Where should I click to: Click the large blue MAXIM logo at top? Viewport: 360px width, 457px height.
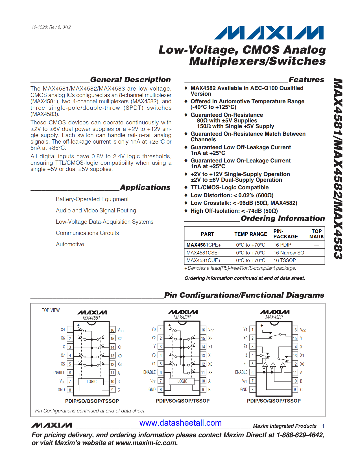tap(269, 33)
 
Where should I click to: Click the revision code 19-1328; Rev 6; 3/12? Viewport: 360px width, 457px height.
tap(51, 27)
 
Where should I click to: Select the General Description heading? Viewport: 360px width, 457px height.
tap(130, 80)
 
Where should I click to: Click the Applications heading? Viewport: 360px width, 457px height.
tap(145, 187)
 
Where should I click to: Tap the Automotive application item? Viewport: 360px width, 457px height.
tap(70, 244)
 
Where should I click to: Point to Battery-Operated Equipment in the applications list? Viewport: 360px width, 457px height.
tap(92, 199)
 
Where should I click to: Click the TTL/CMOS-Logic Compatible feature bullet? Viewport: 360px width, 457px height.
tap(229, 187)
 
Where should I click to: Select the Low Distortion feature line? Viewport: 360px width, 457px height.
tap(232, 195)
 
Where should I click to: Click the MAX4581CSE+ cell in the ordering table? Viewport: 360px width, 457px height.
tap(203, 253)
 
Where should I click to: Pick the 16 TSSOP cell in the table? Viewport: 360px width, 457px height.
tap(285, 260)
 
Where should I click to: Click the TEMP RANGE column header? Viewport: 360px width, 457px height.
tap(250, 234)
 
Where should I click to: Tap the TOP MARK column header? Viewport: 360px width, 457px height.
tap(317, 234)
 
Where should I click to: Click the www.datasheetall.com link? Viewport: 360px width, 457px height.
tap(180, 423)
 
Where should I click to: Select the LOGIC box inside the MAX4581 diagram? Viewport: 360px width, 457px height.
tap(91, 381)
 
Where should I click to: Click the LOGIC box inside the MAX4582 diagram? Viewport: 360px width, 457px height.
tap(182, 381)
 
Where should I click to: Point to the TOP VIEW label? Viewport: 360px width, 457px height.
tap(51, 310)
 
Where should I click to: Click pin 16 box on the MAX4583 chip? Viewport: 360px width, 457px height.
tap(295, 330)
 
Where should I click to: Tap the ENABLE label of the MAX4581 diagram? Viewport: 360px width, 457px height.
tap(59, 373)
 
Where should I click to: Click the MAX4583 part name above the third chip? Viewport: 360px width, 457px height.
tap(274, 317)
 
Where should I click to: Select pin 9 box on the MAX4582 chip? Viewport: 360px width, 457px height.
tap(203, 390)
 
